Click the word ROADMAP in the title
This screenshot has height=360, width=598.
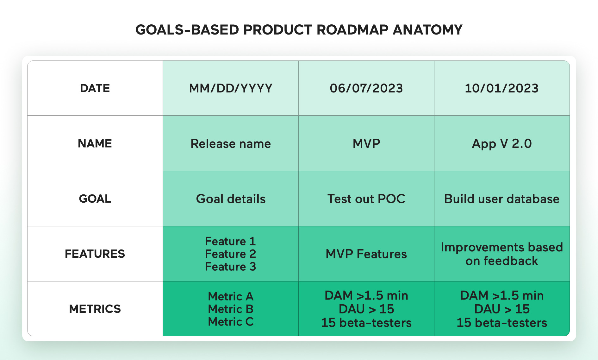coord(352,30)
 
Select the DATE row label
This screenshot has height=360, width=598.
coord(95,88)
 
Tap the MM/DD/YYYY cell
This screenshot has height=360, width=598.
coord(231,88)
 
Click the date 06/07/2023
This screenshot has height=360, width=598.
coord(366,88)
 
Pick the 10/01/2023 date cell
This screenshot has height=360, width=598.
coord(501,88)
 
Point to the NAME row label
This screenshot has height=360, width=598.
coord(95,143)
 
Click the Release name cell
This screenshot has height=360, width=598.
coord(231,144)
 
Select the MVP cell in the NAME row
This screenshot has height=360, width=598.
coord(366,144)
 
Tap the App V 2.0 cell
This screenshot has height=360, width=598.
coord(501,144)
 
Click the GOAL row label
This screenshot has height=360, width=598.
coord(95,199)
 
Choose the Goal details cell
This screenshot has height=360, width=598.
coord(231,199)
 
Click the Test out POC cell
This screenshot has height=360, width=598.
coord(366,199)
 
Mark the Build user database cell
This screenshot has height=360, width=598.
coord(501,199)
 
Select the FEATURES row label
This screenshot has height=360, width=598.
coord(95,254)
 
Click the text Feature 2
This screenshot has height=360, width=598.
coord(230,254)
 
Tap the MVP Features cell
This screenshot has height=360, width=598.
coord(366,254)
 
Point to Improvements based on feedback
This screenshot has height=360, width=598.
coord(501,254)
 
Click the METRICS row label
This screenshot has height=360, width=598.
coord(95,309)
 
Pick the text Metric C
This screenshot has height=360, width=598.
coord(231,322)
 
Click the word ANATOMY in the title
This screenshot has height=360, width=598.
coord(427,30)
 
